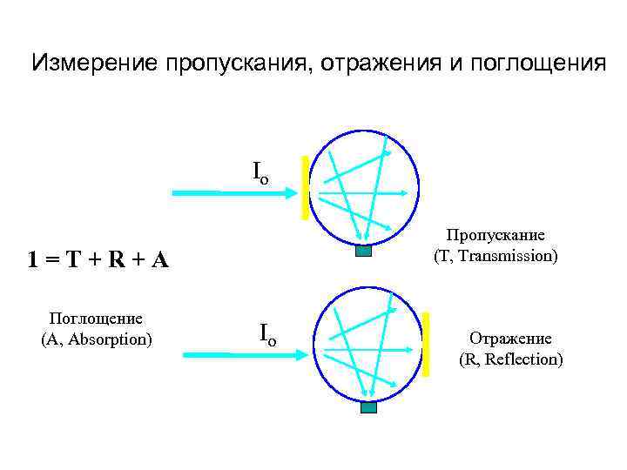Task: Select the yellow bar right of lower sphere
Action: click(x=425, y=344)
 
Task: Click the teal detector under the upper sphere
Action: click(x=364, y=251)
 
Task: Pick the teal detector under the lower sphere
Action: click(x=368, y=406)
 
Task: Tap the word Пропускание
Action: click(x=496, y=235)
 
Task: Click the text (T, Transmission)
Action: click(x=495, y=256)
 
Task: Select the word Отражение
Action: click(x=510, y=338)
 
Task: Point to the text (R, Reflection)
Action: click(x=510, y=359)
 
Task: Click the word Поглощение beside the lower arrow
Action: click(x=97, y=319)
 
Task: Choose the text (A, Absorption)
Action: click(x=97, y=339)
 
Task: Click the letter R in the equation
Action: click(x=108, y=259)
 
